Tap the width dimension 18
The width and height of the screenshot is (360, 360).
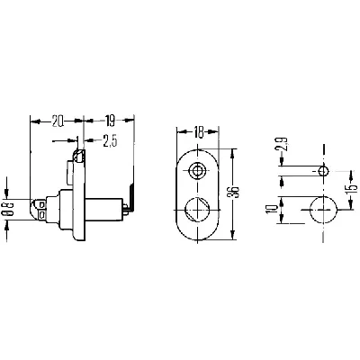(197, 132)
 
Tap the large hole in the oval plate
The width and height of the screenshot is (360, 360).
(197, 211)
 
